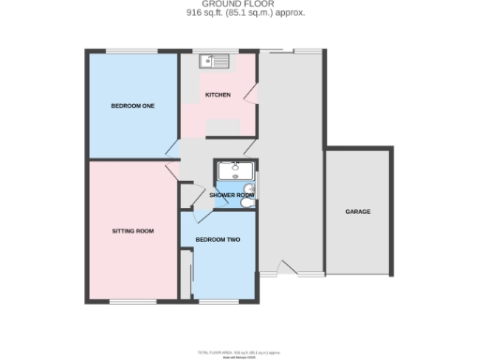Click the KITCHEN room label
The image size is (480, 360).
(x=218, y=95)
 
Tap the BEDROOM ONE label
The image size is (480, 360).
(x=132, y=105)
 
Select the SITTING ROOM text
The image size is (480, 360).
(x=132, y=230)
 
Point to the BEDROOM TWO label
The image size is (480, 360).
(x=217, y=240)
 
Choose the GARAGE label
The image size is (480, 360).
(x=357, y=212)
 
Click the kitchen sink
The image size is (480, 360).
(x=215, y=62)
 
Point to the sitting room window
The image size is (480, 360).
(x=131, y=301)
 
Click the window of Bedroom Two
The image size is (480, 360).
(x=217, y=301)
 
